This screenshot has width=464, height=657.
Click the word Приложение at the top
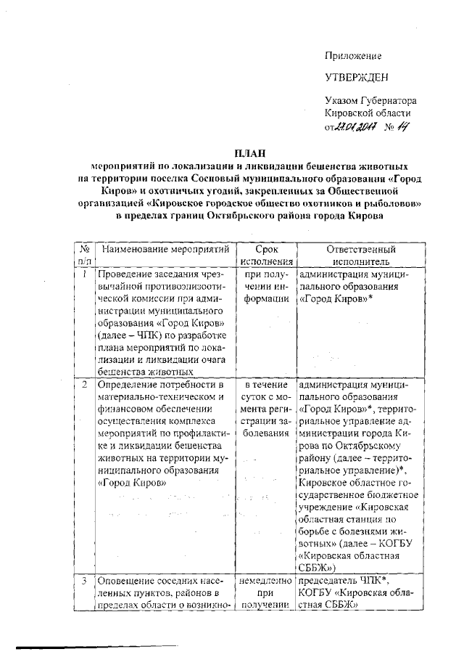click(x=352, y=56)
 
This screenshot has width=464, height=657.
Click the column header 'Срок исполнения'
click(x=268, y=256)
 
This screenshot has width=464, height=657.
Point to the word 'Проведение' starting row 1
click(x=126, y=275)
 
